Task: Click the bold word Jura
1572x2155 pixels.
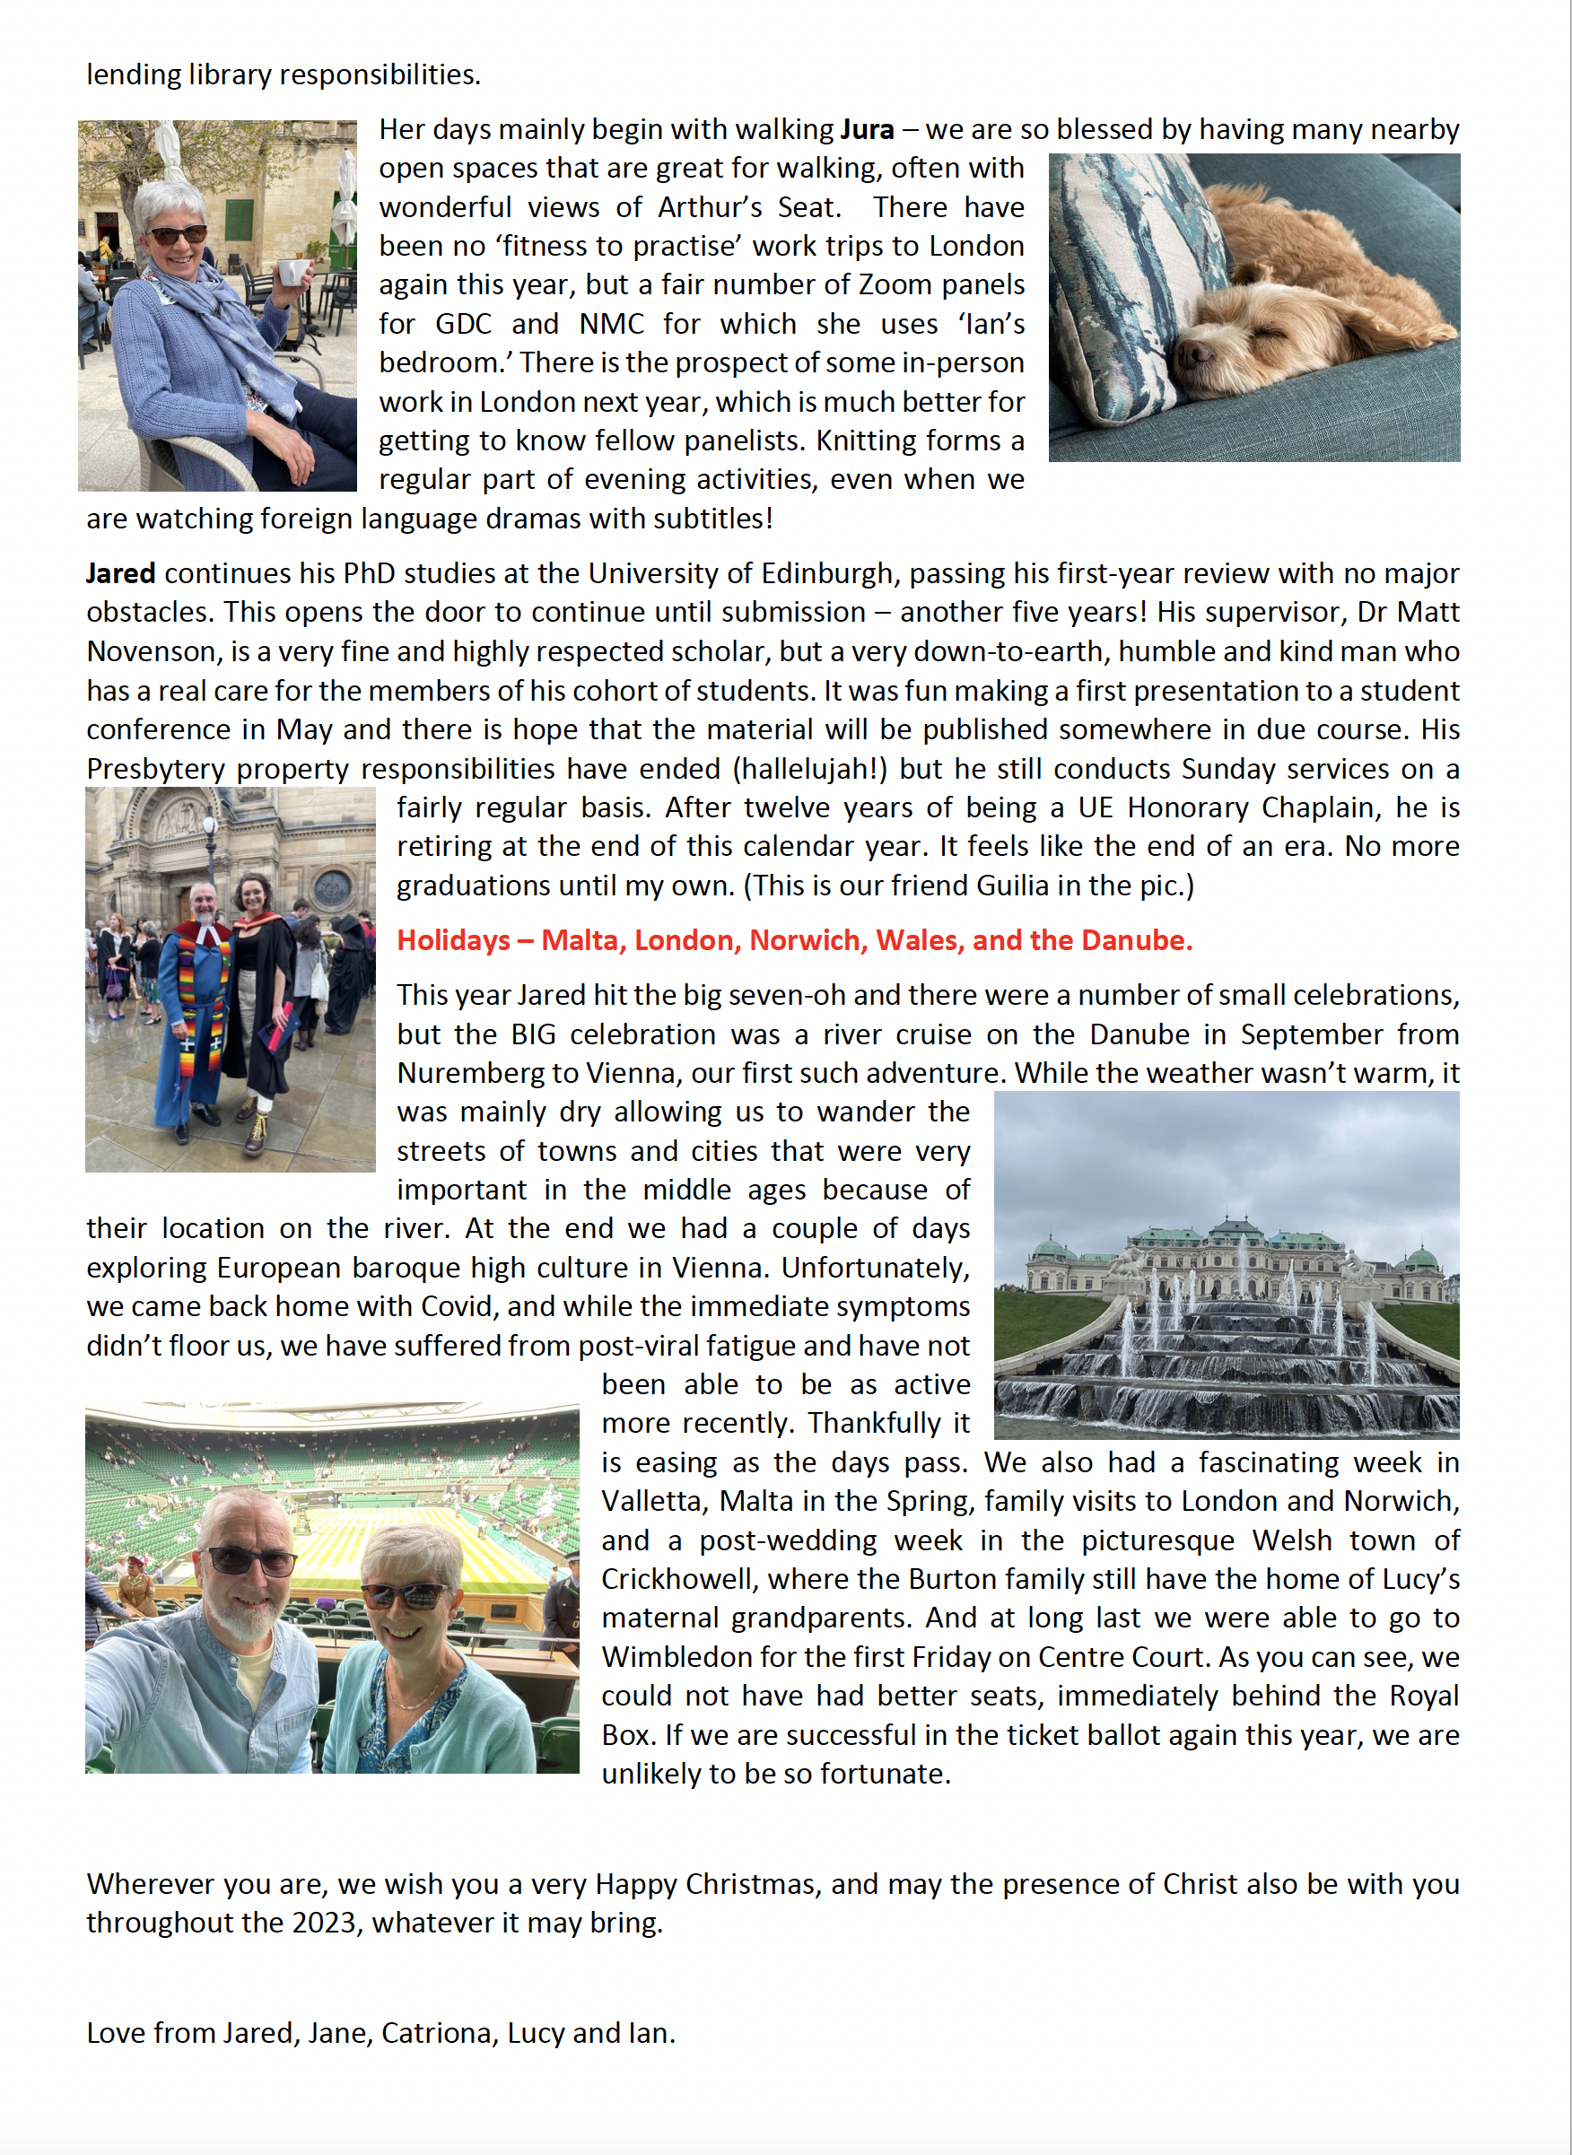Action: coord(866,129)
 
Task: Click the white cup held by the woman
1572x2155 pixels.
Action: coord(293,271)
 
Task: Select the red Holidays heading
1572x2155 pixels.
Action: coord(793,940)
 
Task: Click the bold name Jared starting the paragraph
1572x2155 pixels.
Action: coord(121,573)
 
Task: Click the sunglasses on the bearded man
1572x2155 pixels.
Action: coord(251,1560)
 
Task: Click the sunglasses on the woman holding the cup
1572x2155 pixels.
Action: coord(176,234)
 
